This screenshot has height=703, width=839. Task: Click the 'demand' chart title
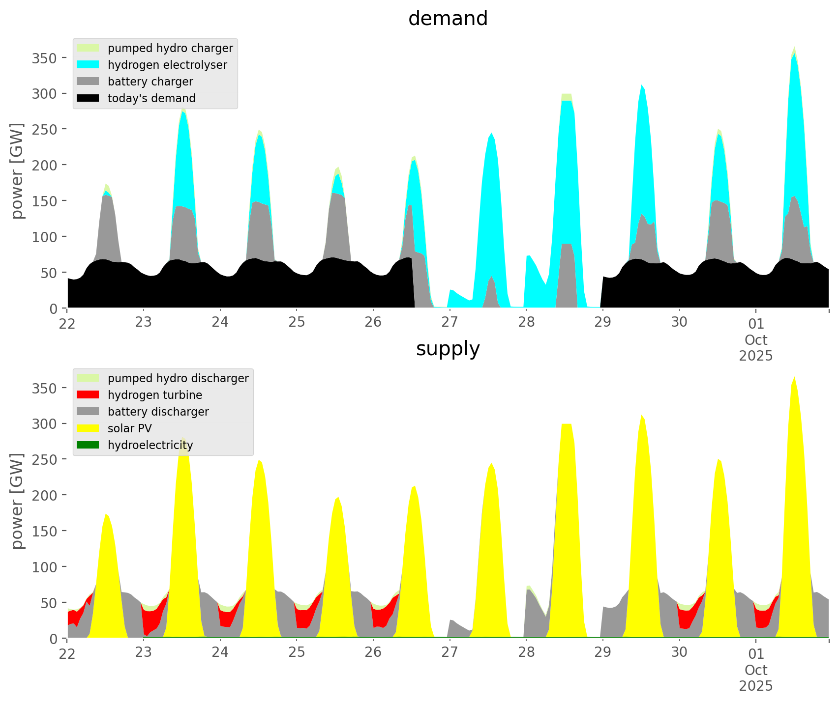tap(448, 19)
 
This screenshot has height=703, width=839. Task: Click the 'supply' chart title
tap(448, 349)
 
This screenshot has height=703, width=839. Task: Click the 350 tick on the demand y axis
tap(45, 58)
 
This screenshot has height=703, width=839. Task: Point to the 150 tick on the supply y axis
tap(45, 531)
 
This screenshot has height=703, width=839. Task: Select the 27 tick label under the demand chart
tap(449, 323)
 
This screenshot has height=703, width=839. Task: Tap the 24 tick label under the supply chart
tap(220, 653)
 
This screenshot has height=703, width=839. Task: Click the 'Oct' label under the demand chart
tap(756, 340)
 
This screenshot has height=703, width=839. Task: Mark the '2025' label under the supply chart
tap(756, 686)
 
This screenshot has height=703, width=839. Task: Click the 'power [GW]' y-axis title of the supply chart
tap(17, 501)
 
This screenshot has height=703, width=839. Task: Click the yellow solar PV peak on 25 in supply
tap(337, 499)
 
